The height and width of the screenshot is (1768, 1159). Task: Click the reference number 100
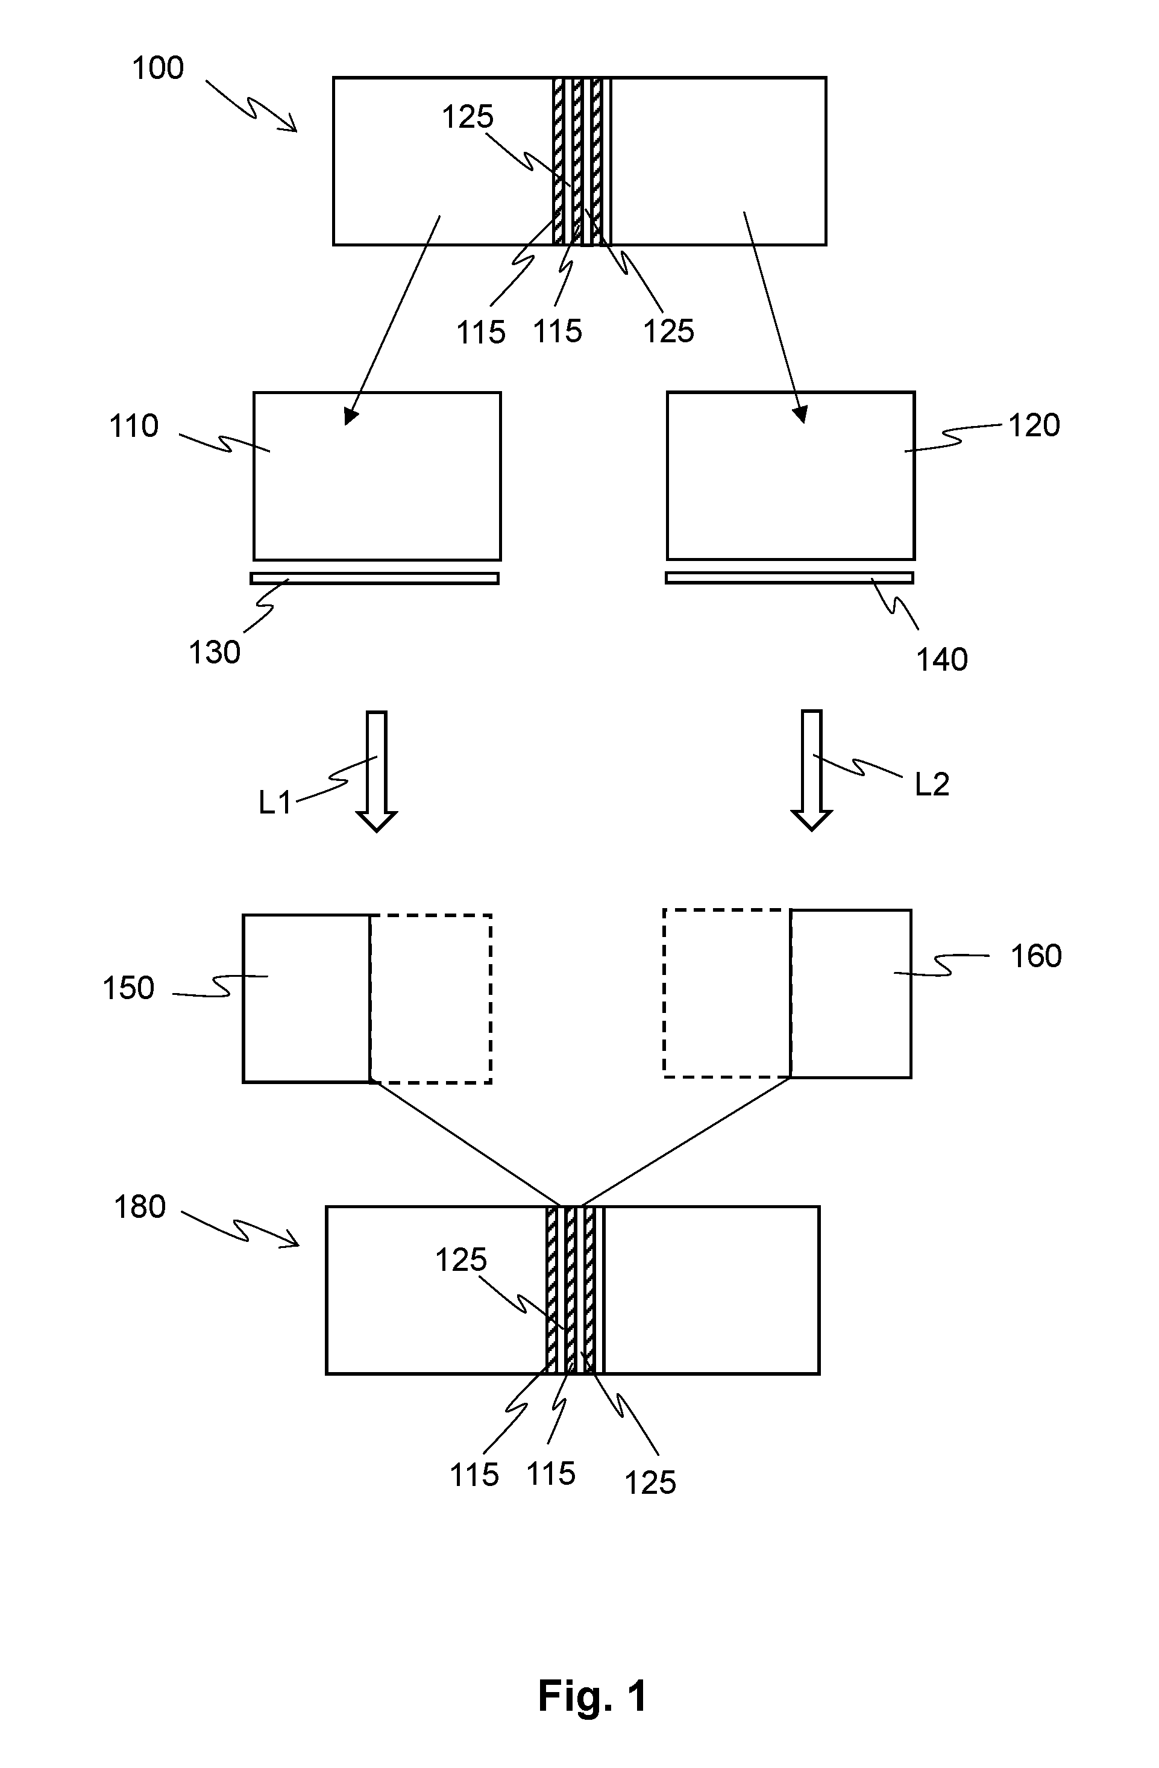[x=157, y=68]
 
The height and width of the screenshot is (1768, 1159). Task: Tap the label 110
[x=134, y=427]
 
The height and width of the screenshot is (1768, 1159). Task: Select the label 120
[x=1034, y=425]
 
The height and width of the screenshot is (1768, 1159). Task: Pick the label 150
[x=128, y=989]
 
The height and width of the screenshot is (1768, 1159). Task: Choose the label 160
[x=1035, y=956]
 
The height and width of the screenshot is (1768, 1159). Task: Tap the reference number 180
[x=139, y=1207]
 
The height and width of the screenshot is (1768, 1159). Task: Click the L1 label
[x=275, y=802]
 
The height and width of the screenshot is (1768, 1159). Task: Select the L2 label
[x=932, y=785]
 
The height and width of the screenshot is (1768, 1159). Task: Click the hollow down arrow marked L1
[x=377, y=771]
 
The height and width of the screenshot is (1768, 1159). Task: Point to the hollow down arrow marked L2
[x=811, y=770]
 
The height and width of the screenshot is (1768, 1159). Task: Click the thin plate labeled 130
[x=374, y=578]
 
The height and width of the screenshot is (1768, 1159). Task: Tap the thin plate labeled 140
[x=789, y=577]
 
